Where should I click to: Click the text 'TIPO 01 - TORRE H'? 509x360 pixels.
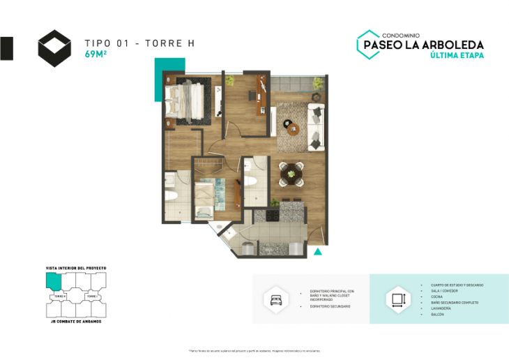point(139,43)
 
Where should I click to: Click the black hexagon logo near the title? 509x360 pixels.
point(54,46)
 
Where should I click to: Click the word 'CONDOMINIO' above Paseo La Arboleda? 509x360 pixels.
point(403,34)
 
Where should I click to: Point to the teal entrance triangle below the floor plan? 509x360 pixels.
point(318,251)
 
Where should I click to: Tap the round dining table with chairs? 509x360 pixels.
point(291,172)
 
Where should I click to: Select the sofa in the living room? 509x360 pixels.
point(316,126)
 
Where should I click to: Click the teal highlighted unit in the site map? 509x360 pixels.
point(53,280)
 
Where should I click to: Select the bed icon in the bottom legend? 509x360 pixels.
point(272,299)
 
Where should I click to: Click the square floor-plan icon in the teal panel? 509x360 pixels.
point(398,300)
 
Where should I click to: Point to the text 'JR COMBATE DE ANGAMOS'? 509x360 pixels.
point(76,321)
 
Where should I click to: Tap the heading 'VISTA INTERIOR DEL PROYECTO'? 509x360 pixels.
point(76,268)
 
